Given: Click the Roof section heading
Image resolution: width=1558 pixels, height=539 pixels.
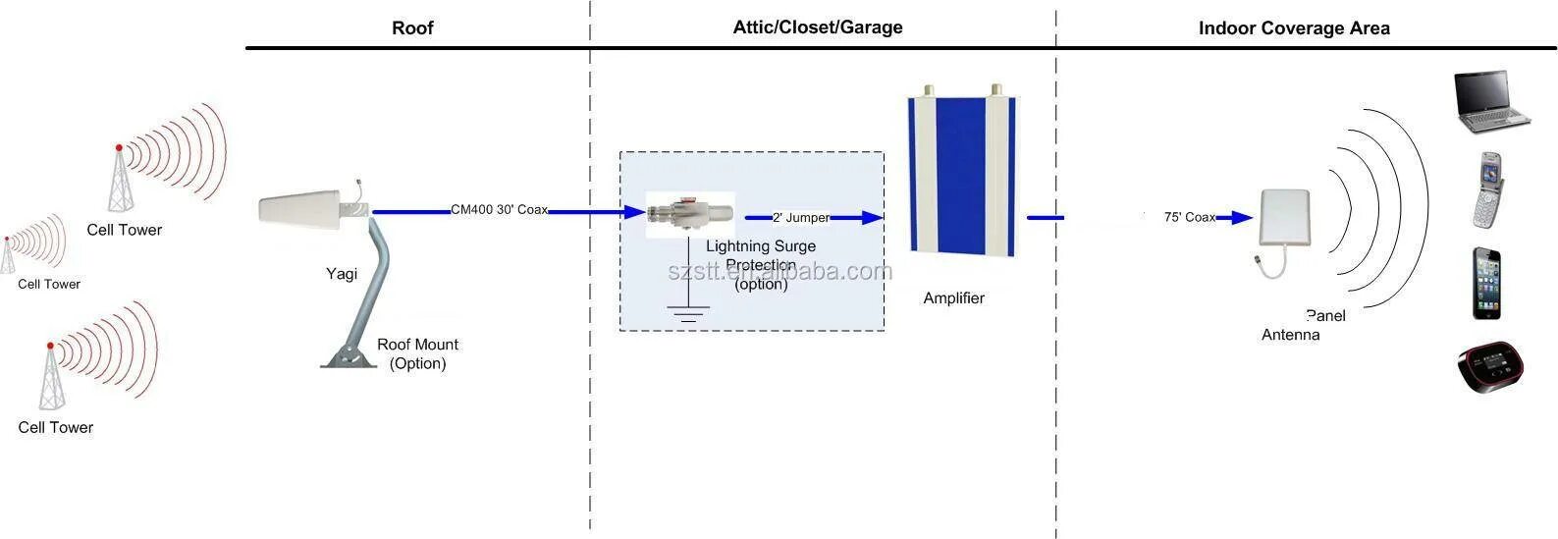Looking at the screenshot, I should pos(412,28).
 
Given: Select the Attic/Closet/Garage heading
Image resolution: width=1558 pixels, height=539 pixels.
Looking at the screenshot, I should pos(818,27).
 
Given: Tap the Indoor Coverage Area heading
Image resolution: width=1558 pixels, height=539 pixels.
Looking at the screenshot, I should pos(1294,28).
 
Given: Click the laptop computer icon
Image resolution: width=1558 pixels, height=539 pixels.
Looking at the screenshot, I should pos(1489,101).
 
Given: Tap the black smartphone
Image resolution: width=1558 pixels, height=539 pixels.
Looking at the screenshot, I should pos(1486,283).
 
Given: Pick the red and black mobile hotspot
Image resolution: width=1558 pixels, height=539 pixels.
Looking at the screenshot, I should pos(1490,367).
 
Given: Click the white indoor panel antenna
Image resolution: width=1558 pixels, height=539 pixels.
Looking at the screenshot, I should pos(1290,222).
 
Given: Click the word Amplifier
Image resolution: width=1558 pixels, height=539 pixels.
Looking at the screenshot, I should pos(953,298).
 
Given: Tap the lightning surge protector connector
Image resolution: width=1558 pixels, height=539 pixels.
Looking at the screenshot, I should pos(689,212).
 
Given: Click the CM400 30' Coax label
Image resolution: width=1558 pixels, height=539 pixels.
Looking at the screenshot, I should pos(499,210).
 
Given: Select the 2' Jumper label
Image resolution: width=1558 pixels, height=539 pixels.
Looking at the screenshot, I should pos(801,218).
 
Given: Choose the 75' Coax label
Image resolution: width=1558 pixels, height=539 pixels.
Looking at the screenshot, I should pos(1190,217).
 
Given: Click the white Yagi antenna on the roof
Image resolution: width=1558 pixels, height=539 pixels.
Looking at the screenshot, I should pos(309,209).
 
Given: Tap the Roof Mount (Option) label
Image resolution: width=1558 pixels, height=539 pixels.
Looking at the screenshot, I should pos(417,353).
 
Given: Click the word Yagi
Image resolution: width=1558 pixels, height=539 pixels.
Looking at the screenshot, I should pos(342,274).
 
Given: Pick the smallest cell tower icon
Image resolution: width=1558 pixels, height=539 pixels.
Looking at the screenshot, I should pos(8,255).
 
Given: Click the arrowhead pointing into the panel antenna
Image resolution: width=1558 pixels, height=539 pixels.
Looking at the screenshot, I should pos(1244,218).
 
